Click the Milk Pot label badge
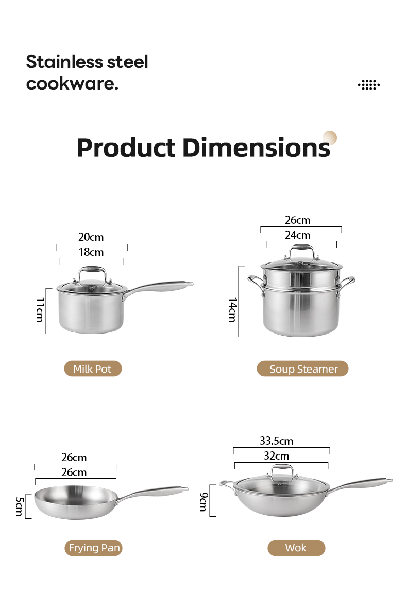[x=93, y=369]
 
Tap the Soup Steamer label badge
[x=302, y=369]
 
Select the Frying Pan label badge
[x=94, y=548]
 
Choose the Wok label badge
[x=296, y=548]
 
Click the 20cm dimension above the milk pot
[x=91, y=237]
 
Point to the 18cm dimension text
[x=91, y=252]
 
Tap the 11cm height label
[x=40, y=310]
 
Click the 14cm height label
[x=232, y=310]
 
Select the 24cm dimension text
[x=297, y=235]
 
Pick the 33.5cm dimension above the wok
[x=276, y=441]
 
